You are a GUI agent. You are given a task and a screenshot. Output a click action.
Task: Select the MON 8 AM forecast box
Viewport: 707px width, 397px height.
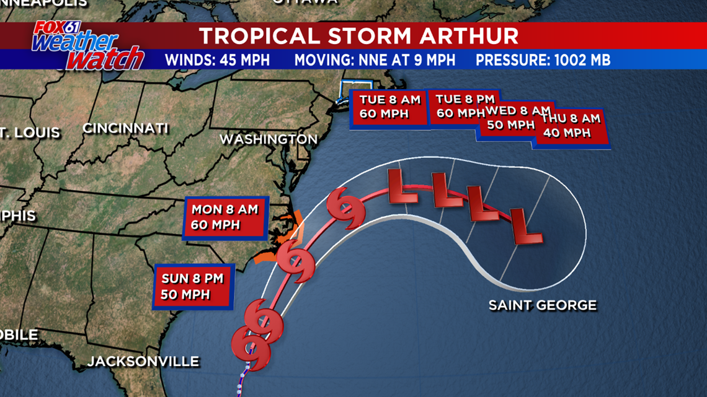(225, 217)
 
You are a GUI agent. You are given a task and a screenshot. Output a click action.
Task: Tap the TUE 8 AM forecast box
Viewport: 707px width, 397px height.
(388, 107)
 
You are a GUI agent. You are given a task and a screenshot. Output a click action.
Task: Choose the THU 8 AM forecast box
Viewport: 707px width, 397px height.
(571, 125)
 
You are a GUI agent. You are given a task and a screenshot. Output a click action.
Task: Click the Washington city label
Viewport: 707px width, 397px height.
(269, 139)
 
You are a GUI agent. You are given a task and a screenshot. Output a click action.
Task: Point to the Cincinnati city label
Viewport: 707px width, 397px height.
(125, 129)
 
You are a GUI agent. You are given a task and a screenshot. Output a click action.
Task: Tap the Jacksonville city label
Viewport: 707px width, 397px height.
(143, 361)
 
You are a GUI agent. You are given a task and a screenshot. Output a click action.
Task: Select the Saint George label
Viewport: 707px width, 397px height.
(543, 305)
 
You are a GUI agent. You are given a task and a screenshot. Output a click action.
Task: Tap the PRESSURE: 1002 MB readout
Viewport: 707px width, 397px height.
(543, 60)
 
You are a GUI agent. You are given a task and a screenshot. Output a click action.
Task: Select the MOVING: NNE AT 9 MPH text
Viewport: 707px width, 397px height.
(375, 60)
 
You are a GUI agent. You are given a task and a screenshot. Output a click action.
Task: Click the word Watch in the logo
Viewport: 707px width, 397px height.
(105, 59)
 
